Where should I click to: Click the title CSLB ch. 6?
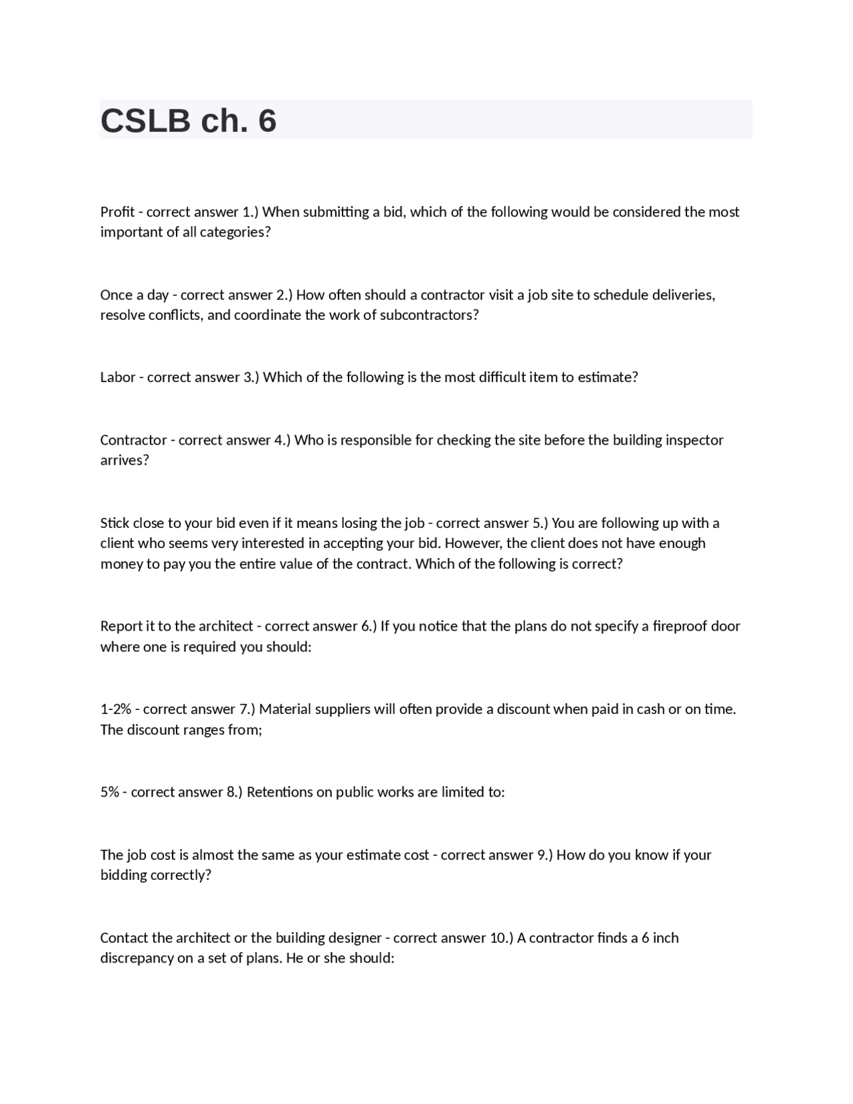[189, 121]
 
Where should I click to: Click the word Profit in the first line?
[117, 212]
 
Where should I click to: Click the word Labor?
[118, 377]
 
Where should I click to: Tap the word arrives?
[125, 460]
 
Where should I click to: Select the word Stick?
[115, 523]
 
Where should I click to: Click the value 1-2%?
[115, 709]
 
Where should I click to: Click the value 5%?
[109, 792]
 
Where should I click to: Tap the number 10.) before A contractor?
[501, 938]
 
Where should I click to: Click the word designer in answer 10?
[351, 938]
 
